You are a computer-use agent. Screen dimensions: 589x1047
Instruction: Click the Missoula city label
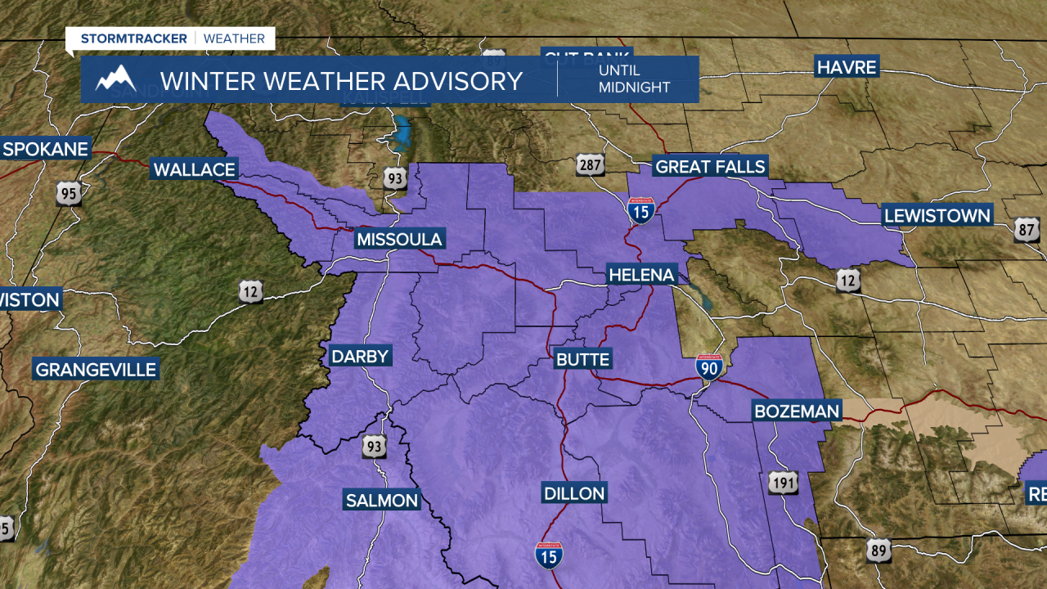(399, 240)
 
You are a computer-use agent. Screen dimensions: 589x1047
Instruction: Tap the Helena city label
(641, 275)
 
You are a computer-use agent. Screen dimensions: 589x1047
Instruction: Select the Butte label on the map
(582, 360)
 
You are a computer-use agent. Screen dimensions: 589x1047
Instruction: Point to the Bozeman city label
(796, 411)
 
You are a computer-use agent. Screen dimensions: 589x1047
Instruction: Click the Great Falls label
(710, 168)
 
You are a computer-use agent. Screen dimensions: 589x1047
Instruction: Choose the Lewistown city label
(937, 217)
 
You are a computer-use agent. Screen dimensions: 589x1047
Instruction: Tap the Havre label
(847, 67)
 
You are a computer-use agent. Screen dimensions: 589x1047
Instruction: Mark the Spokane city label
(45, 150)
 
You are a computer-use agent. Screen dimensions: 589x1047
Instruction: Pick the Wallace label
(195, 170)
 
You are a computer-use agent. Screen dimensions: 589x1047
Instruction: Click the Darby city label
(360, 357)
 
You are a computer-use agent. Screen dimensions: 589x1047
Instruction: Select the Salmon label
(381, 501)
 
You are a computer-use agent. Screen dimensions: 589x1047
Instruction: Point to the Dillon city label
(574, 493)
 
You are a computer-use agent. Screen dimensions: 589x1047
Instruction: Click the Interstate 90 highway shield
(709, 367)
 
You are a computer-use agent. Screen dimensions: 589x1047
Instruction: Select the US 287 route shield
(589, 164)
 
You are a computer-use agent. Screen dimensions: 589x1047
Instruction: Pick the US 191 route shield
(783, 483)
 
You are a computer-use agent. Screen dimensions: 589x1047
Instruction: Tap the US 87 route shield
(1027, 230)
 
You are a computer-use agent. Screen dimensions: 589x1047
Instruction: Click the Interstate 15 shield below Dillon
(549, 556)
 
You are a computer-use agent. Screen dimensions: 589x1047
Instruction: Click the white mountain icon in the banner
(115, 79)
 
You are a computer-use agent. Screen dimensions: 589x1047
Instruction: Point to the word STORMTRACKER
(134, 38)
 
